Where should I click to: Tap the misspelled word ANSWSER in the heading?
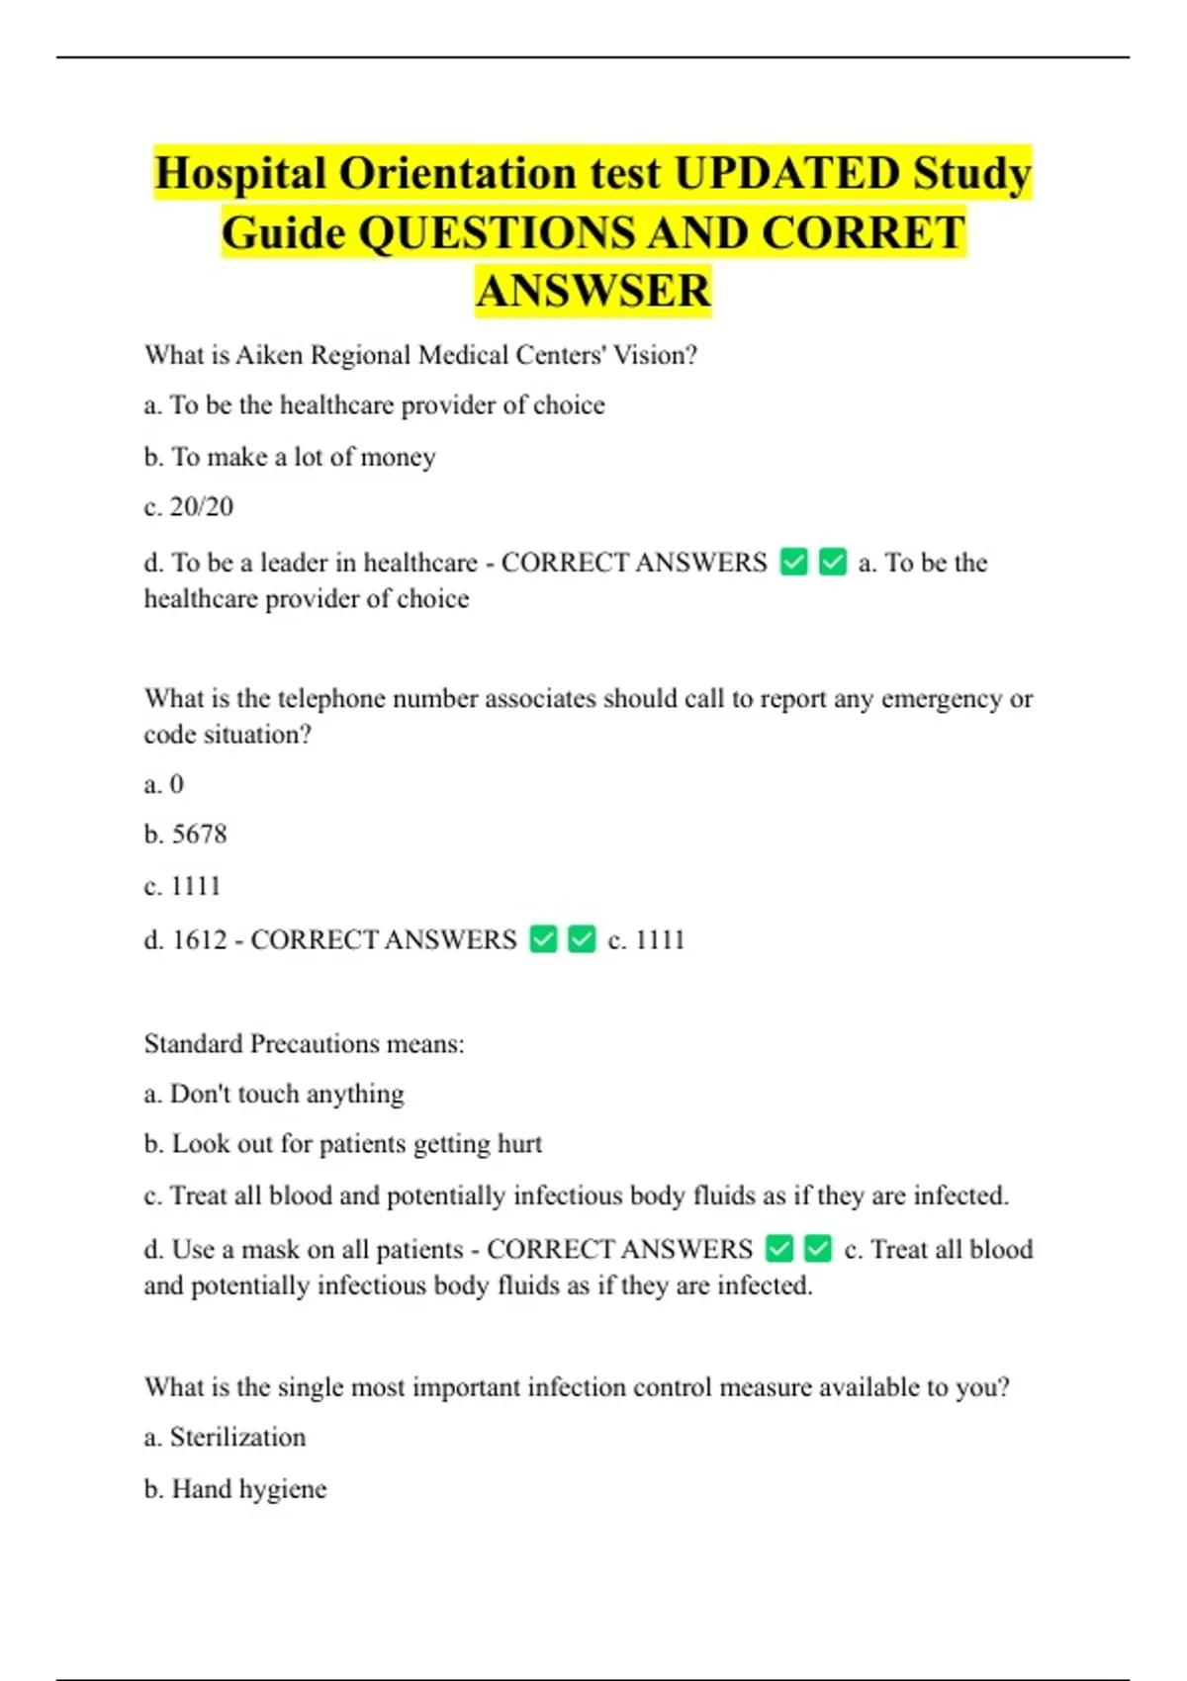click(x=593, y=291)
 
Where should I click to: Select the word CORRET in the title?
click(x=864, y=233)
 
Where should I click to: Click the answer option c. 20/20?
click(x=189, y=507)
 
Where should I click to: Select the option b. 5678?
click(x=186, y=835)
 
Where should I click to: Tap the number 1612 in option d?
click(x=200, y=939)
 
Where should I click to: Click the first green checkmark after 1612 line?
click(x=544, y=938)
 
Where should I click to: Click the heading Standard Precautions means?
click(x=304, y=1044)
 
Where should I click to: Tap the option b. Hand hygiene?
click(x=235, y=1489)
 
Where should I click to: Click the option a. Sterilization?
click(x=225, y=1437)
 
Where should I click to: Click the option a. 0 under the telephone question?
click(x=164, y=784)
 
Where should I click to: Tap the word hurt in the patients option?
click(x=519, y=1144)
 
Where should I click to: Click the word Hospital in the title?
click(x=240, y=174)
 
